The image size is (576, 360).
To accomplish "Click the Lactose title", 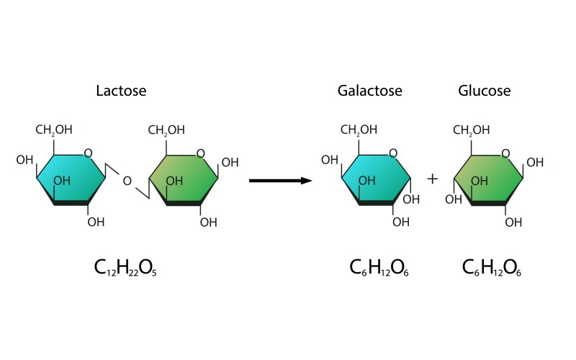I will click(121, 91).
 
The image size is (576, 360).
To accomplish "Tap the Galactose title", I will click(369, 91).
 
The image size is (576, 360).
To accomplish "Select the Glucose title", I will click(484, 91).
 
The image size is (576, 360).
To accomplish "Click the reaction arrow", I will click(280, 180).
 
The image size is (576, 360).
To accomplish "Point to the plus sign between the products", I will click(432, 179).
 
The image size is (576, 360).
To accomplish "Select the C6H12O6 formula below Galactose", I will click(379, 269).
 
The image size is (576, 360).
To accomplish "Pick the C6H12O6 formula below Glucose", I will click(492, 269).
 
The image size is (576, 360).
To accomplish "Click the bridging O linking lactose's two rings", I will click(127, 181).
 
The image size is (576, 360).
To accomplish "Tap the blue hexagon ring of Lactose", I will click(70, 180).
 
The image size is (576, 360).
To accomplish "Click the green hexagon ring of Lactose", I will click(183, 180).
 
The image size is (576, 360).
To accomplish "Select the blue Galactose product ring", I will click(374, 180).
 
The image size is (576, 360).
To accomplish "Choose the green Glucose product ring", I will click(488, 180).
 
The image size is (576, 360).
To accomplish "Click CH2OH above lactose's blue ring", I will click(54, 130).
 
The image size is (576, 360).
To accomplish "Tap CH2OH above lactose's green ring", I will click(166, 130).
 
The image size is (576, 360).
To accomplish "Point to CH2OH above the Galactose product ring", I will click(359, 130).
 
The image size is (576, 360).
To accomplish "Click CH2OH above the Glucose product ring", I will click(471, 130).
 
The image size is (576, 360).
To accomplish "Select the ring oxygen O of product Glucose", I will click(505, 153).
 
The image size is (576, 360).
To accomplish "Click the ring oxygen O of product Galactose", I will click(392, 153).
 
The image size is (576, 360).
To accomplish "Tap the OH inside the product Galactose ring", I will click(367, 181).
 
